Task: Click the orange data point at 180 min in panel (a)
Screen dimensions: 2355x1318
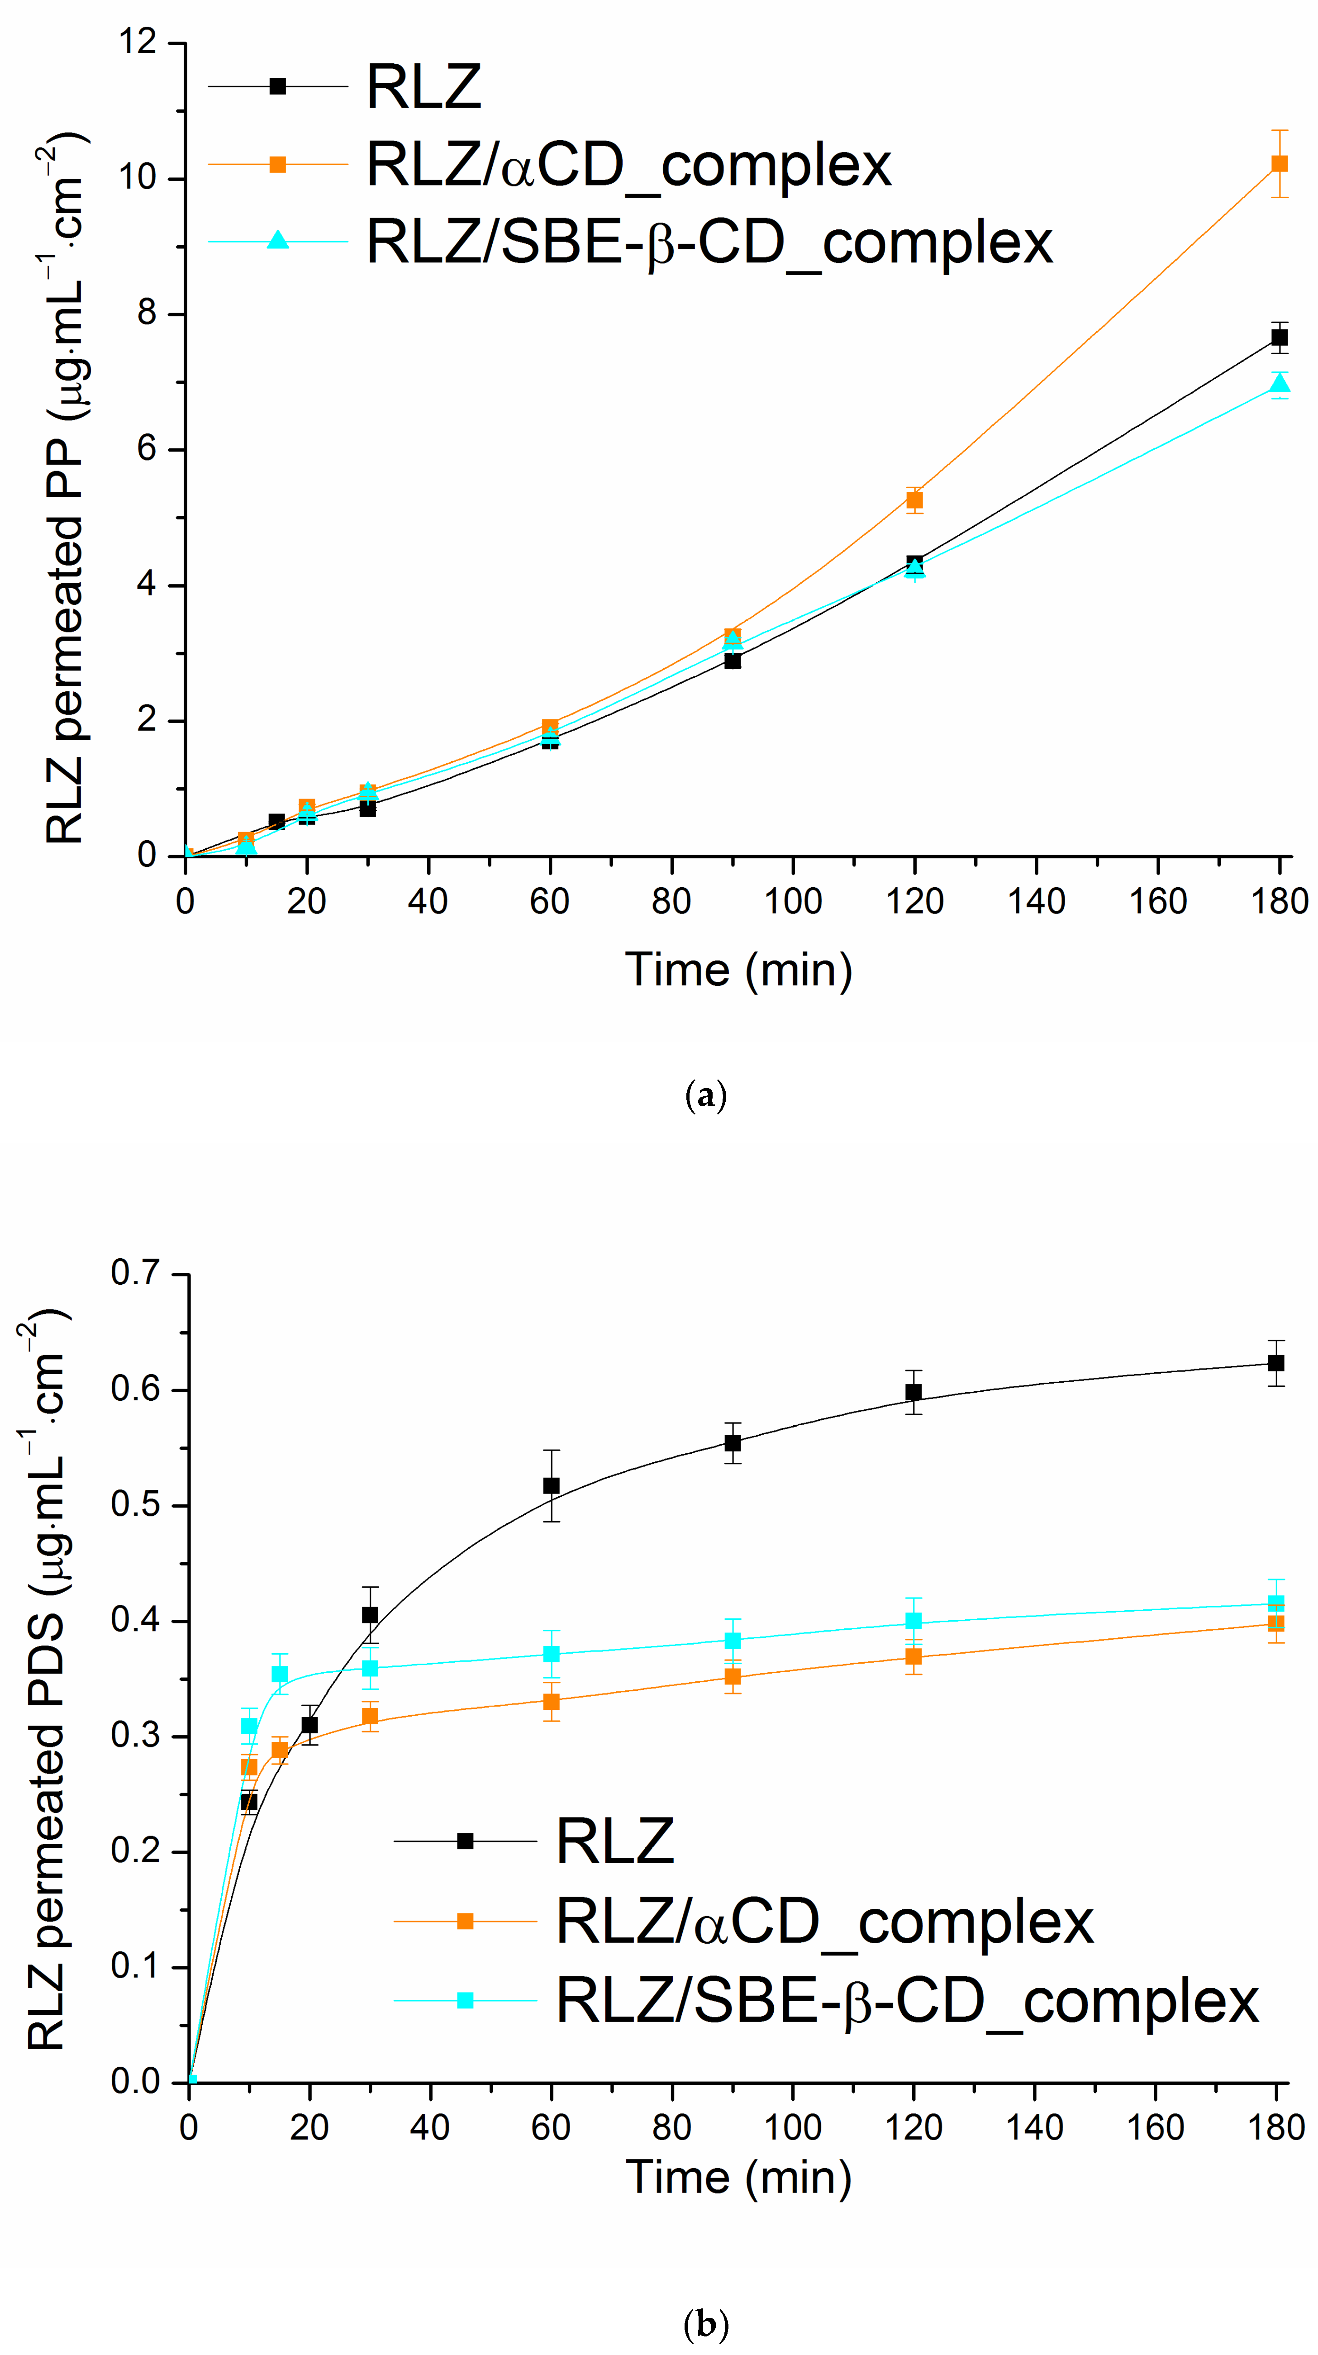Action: tap(1279, 164)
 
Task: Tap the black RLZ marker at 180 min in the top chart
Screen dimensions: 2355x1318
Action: tap(1279, 338)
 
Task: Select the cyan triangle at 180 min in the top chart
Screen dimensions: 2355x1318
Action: tap(1279, 383)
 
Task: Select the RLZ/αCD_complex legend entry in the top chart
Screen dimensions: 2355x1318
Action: tap(628, 165)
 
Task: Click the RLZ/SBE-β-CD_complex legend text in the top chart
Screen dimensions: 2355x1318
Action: tap(709, 242)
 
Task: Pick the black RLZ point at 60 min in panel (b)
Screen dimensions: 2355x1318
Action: tap(551, 1485)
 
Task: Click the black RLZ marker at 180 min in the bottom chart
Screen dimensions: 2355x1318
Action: tap(1276, 1363)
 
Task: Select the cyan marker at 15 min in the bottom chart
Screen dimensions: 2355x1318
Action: tap(280, 1674)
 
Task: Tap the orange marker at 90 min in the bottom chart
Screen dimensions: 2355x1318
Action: tap(732, 1677)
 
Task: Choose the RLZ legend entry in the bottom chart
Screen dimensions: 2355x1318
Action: tap(614, 1841)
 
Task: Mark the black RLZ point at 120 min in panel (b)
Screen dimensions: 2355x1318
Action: tap(913, 1392)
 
